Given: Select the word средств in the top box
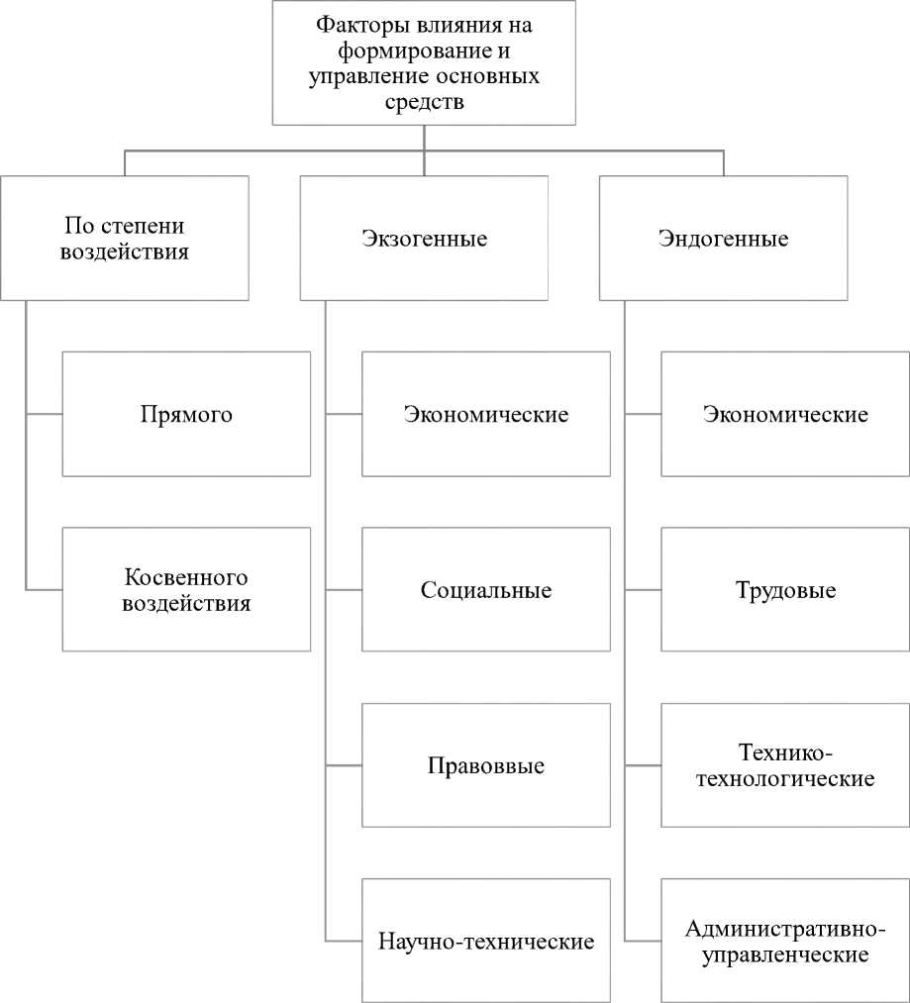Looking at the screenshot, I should [423, 102].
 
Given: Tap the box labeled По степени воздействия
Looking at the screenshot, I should [125, 239].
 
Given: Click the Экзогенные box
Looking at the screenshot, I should [424, 239].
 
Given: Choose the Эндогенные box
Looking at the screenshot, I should [723, 239].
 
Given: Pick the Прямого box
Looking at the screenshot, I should [186, 414].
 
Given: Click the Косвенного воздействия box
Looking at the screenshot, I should [186, 589].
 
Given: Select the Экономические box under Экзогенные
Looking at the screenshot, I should [486, 414].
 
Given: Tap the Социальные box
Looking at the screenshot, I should [486, 590].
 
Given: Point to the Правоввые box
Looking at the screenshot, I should [486, 765].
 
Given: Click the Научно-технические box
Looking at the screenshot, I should [486, 941].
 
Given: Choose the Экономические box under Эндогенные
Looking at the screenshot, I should [785, 414].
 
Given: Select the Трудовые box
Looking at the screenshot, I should [785, 590].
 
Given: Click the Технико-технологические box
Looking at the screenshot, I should [785, 765].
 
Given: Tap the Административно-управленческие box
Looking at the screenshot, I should [785, 941].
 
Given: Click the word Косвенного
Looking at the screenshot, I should [186, 577].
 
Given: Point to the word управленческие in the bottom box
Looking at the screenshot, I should [785, 954].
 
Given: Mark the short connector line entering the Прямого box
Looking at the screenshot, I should [44, 414].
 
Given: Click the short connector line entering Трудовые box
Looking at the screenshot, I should [643, 590].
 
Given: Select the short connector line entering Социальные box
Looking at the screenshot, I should [344, 590].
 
